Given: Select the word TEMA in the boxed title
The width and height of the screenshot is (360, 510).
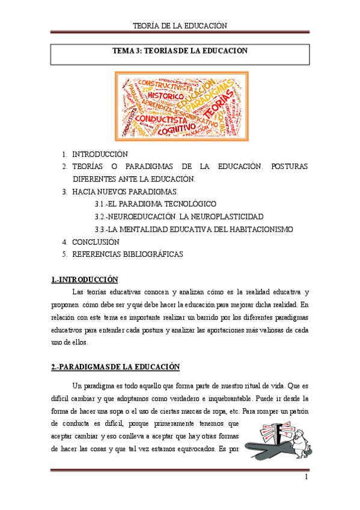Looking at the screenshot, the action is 124,51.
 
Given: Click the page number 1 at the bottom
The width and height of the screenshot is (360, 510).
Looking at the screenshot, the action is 306,477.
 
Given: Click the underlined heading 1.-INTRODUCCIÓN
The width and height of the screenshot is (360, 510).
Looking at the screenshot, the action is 85,279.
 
